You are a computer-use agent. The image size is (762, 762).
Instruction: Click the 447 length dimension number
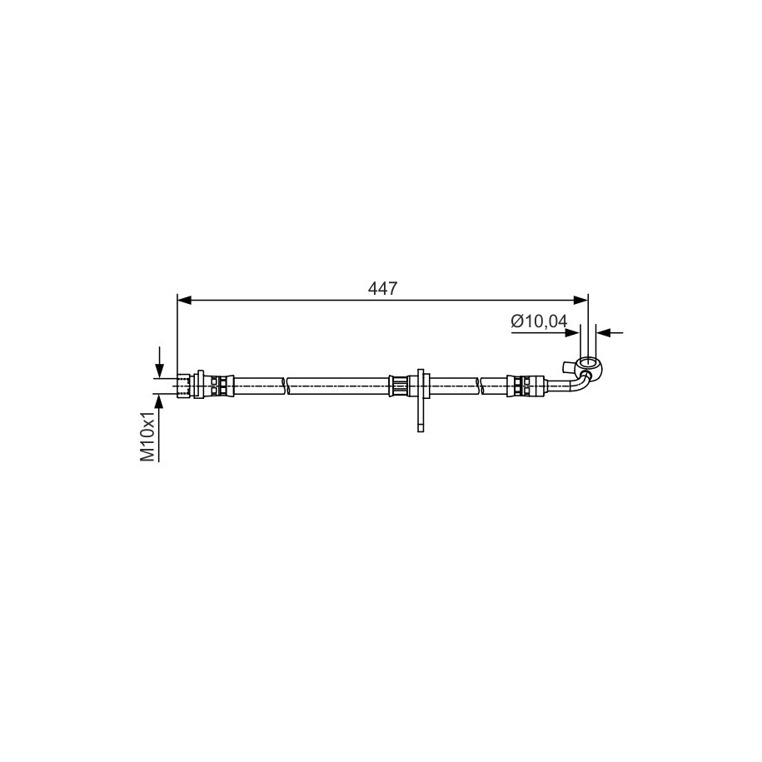(382, 289)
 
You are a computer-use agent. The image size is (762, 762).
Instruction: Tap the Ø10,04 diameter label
(539, 321)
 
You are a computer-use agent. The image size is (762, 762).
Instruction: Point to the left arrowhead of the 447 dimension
(184, 301)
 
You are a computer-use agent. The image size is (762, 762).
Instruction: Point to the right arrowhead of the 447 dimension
(580, 301)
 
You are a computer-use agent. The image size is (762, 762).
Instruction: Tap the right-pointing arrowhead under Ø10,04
(573, 333)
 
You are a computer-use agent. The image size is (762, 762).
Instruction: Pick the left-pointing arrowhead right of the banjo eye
(604, 333)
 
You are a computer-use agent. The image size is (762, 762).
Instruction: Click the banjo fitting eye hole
(589, 362)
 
